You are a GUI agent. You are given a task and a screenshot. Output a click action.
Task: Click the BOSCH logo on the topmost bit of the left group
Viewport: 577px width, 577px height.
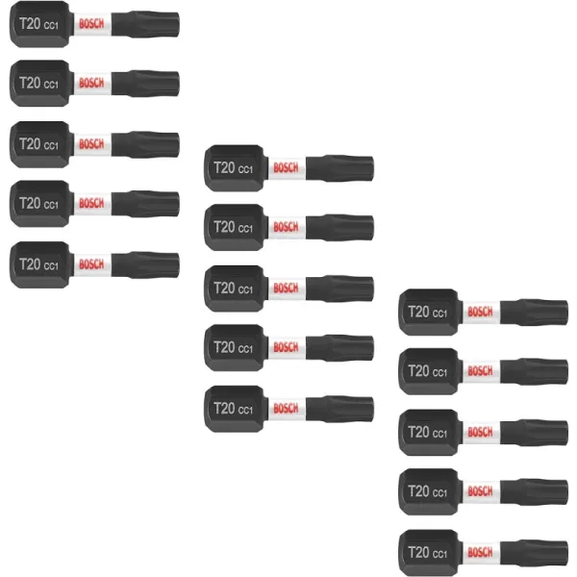coord(91,24)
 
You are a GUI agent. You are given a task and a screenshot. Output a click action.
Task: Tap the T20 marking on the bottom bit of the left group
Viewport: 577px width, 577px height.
coord(30,264)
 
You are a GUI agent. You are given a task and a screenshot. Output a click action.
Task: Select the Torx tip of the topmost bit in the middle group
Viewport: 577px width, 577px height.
coord(340,168)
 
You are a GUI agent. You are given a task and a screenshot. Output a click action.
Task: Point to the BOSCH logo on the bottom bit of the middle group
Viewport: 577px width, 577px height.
coord(286,408)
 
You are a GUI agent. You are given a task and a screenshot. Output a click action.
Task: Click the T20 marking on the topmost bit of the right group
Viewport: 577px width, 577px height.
coord(418,312)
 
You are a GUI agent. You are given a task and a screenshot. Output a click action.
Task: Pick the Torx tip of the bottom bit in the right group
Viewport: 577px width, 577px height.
coord(535,553)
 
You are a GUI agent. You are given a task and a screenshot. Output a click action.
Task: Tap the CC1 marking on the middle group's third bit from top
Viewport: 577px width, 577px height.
coord(245,289)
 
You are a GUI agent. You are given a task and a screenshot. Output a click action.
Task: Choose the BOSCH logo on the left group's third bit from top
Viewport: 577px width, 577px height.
coord(91,144)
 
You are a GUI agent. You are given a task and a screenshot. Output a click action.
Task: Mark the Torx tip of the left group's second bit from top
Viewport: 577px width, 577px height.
coord(146,84)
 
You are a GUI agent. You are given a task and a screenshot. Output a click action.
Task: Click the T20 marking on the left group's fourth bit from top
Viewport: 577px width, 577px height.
coord(30,203)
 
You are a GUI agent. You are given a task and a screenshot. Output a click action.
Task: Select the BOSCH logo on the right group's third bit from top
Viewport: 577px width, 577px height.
coord(480,432)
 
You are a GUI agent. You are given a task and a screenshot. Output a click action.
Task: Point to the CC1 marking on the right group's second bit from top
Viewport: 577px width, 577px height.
coord(439,373)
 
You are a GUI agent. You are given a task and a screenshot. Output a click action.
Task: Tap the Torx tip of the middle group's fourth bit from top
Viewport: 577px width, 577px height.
coord(340,348)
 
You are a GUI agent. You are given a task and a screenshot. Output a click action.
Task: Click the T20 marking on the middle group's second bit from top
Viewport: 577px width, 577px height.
coord(224,227)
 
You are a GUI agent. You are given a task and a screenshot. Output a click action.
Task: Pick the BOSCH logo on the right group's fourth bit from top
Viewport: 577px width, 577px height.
coord(480,491)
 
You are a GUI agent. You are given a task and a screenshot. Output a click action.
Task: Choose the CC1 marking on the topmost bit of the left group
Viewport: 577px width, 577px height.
coord(51,25)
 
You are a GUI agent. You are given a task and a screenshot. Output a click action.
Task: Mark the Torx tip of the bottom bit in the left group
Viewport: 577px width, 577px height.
coord(146,265)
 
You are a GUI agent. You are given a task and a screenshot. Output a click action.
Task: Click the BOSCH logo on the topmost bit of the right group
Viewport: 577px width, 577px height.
coord(480,312)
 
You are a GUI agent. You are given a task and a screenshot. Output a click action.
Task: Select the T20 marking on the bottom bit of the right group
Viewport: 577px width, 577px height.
coord(418,552)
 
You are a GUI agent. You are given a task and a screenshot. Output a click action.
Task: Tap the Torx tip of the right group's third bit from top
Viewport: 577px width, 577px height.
coord(535,433)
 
